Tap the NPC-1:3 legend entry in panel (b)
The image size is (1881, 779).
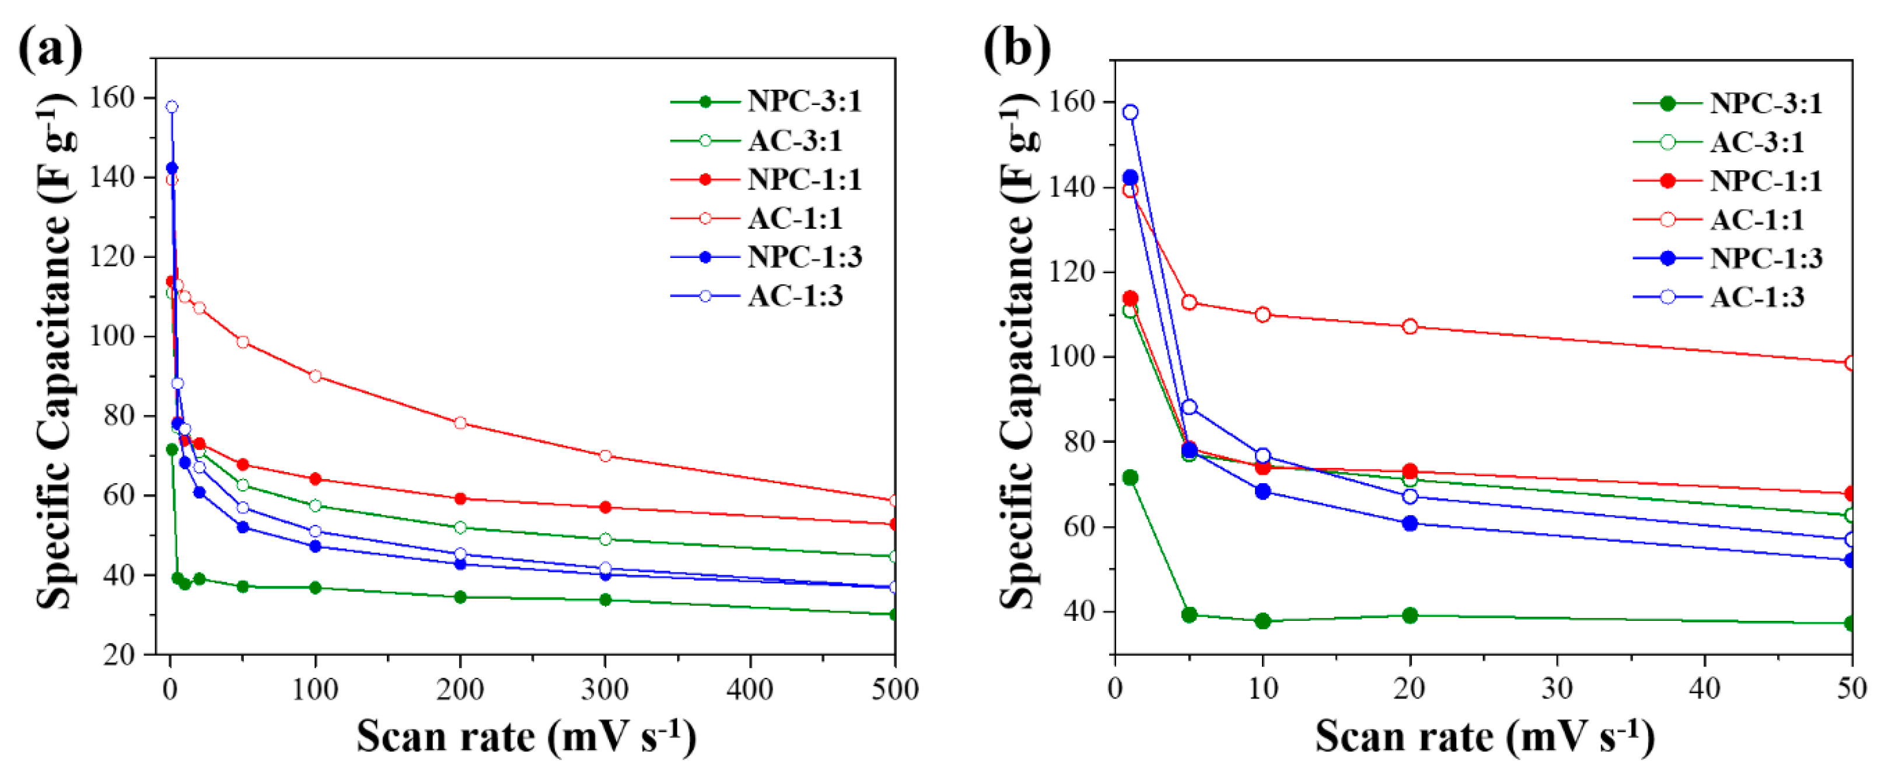1765,258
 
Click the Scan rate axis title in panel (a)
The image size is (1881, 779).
526,736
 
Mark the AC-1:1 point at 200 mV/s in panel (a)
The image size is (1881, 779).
460,422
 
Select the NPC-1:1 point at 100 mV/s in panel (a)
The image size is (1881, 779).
316,479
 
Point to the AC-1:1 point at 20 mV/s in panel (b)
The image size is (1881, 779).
1410,326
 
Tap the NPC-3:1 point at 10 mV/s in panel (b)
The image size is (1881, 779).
1263,621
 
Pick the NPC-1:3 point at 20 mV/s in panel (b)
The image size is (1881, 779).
1410,523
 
